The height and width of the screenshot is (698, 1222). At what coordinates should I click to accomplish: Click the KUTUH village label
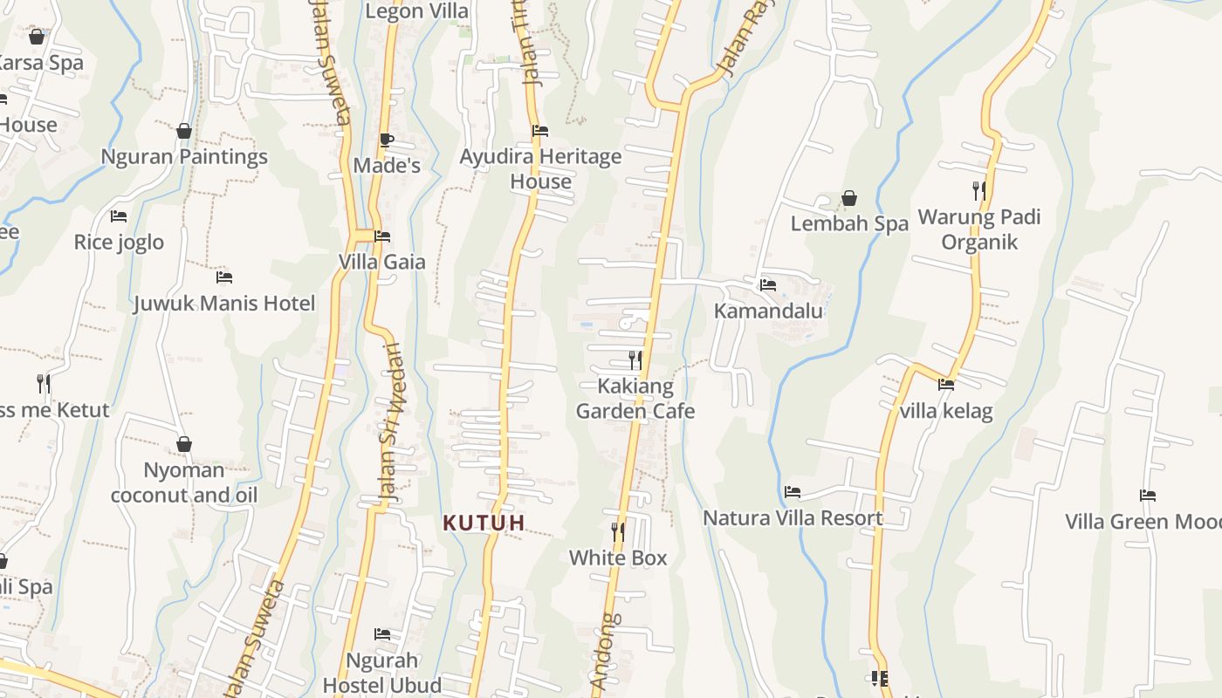(484, 523)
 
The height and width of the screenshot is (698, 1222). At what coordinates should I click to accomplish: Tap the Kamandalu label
(768, 311)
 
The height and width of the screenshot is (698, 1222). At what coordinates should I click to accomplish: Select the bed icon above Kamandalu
(768, 284)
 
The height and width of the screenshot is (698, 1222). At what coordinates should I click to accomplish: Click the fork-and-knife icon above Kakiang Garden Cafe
(635, 359)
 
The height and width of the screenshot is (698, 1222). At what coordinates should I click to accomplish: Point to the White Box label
(618, 558)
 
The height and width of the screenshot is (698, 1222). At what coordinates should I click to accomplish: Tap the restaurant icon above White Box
(618, 531)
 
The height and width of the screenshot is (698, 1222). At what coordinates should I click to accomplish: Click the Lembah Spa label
(849, 223)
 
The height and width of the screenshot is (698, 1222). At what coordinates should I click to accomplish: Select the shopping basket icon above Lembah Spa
(849, 199)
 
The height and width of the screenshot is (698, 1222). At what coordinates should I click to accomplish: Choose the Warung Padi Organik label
(979, 229)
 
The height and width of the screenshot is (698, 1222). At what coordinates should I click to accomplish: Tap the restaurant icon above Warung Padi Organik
(979, 190)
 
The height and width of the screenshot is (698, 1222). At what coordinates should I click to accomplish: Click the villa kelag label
(946, 410)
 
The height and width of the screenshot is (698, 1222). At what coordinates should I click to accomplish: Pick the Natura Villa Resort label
(793, 518)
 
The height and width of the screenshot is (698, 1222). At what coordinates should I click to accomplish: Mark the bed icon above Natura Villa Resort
(793, 492)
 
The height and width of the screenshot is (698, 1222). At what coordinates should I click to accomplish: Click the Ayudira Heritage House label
(540, 168)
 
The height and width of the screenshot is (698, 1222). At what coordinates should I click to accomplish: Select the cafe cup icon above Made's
(387, 140)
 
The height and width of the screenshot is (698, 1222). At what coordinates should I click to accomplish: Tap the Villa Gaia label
(382, 262)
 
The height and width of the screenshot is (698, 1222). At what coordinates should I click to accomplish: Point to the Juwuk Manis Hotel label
(224, 304)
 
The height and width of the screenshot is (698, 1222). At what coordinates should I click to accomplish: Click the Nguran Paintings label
(184, 157)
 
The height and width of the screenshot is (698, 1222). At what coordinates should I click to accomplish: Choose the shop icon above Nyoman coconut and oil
(184, 445)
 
